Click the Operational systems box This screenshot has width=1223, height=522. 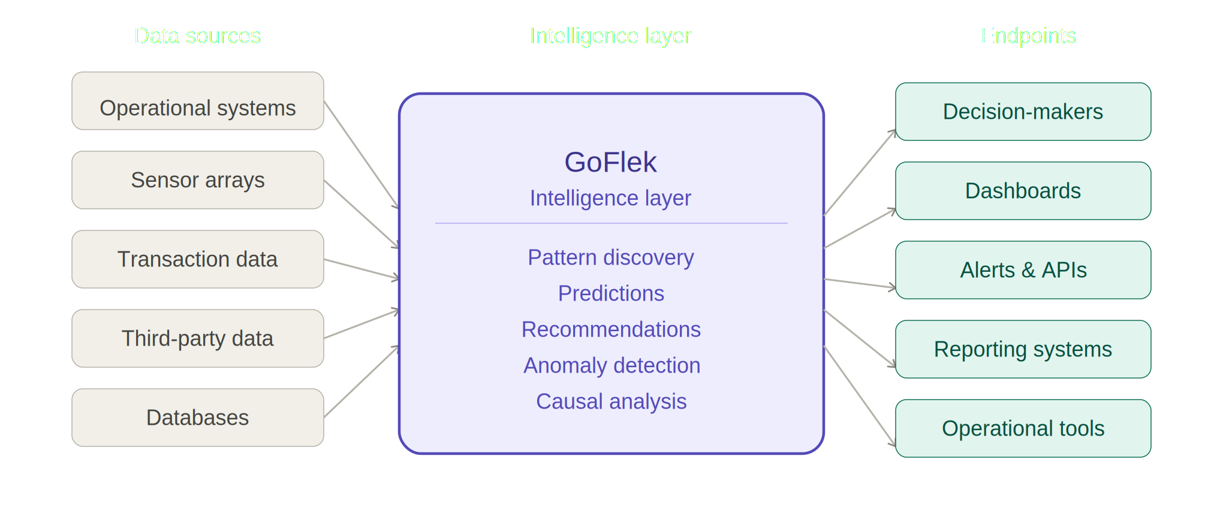click(x=198, y=101)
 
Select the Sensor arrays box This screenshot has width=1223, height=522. click(x=198, y=180)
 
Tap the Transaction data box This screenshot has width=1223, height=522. click(x=198, y=259)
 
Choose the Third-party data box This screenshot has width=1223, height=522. click(x=198, y=338)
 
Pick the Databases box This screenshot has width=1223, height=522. click(x=198, y=418)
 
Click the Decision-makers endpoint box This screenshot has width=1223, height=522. click(x=1023, y=112)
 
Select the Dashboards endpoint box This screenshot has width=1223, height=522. click(x=1023, y=191)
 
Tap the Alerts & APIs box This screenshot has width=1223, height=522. click(x=1023, y=270)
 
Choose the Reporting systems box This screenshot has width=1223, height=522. click(x=1023, y=349)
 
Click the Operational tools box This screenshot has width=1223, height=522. click(x=1023, y=428)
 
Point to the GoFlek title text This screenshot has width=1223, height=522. click(x=610, y=162)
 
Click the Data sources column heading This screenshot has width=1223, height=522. click(x=197, y=36)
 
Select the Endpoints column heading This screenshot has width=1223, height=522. click(x=1028, y=36)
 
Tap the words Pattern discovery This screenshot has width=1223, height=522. click(x=610, y=257)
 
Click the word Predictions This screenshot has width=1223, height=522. click(x=610, y=293)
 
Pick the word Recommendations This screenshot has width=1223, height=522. click(x=610, y=329)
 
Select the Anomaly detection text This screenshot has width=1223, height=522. click(x=611, y=365)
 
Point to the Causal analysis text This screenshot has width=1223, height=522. click(x=611, y=401)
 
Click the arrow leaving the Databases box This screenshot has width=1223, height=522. click(x=361, y=382)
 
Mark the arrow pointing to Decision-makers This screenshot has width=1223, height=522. click(x=860, y=173)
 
